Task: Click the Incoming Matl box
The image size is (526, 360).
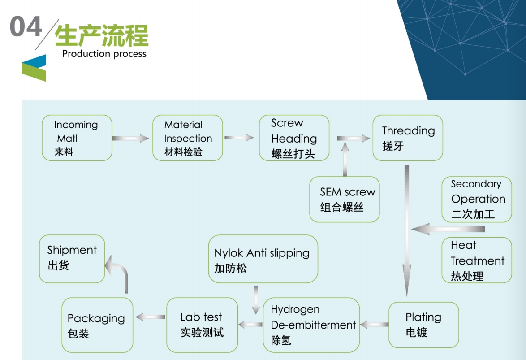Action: [77, 138]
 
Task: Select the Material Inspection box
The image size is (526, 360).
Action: [187, 138]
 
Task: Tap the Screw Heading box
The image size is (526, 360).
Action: [294, 138]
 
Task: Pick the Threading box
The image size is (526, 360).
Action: [408, 138]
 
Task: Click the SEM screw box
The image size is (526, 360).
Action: [345, 199]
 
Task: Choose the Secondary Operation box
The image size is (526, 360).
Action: [477, 199]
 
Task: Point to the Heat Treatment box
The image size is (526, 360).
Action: [477, 260]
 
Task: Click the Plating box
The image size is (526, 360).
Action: [423, 325]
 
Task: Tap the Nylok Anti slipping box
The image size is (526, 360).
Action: [263, 260]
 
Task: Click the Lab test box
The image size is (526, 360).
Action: [202, 325]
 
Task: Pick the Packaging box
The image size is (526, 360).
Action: [97, 325]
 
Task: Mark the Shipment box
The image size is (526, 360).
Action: [72, 259]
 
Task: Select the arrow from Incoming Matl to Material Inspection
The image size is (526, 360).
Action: [130, 139]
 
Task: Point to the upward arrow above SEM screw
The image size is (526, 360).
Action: [345, 159]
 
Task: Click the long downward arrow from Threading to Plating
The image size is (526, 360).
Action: [406, 229]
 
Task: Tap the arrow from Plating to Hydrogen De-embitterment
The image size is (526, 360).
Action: [374, 324]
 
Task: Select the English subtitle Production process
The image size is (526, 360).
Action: [104, 54]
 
